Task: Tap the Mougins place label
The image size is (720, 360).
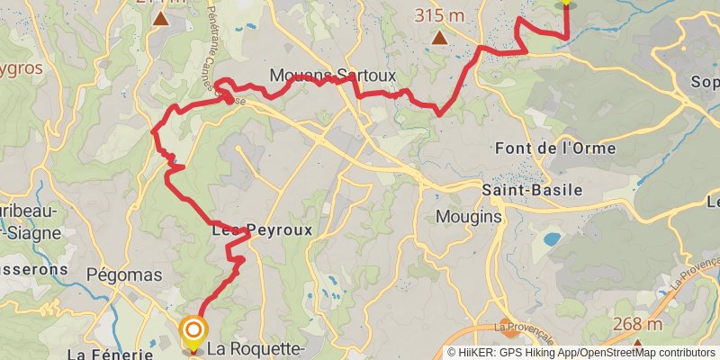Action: point(467,217)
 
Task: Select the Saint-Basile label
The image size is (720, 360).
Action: point(532,191)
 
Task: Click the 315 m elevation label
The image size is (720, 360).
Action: point(438,15)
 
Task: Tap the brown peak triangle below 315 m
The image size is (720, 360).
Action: point(439,38)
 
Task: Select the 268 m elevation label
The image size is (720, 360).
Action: point(637,325)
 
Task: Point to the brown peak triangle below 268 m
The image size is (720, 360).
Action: point(637,344)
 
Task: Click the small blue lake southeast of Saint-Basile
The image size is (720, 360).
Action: point(549,239)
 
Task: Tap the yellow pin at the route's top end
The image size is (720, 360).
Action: point(565,3)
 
